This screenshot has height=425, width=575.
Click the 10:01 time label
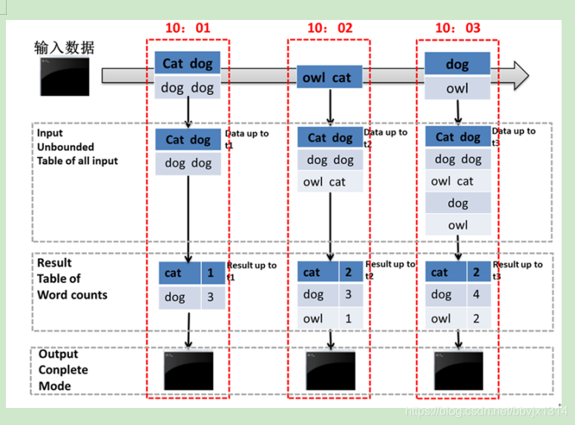point(188,28)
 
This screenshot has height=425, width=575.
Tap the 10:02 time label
point(329,28)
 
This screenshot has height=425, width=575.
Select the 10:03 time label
point(457,28)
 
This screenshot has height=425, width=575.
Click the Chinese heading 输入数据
point(65,48)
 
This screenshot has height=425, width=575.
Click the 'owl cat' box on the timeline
point(327,77)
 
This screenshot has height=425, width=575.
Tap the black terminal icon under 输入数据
point(65,76)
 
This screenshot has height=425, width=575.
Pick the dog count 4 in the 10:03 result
point(477,294)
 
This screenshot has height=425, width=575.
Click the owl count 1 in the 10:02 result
point(349,318)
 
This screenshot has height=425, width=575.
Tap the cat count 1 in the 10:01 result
point(211,273)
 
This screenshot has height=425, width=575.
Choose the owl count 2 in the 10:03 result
point(477,318)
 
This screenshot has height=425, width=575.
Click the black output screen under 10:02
point(330,368)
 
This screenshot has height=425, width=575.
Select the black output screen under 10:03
point(459,368)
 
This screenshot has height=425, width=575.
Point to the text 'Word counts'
point(72,294)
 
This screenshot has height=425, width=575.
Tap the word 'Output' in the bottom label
point(58,354)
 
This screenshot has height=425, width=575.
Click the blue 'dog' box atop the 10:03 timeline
point(457,65)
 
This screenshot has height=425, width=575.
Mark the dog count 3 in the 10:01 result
point(211,297)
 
